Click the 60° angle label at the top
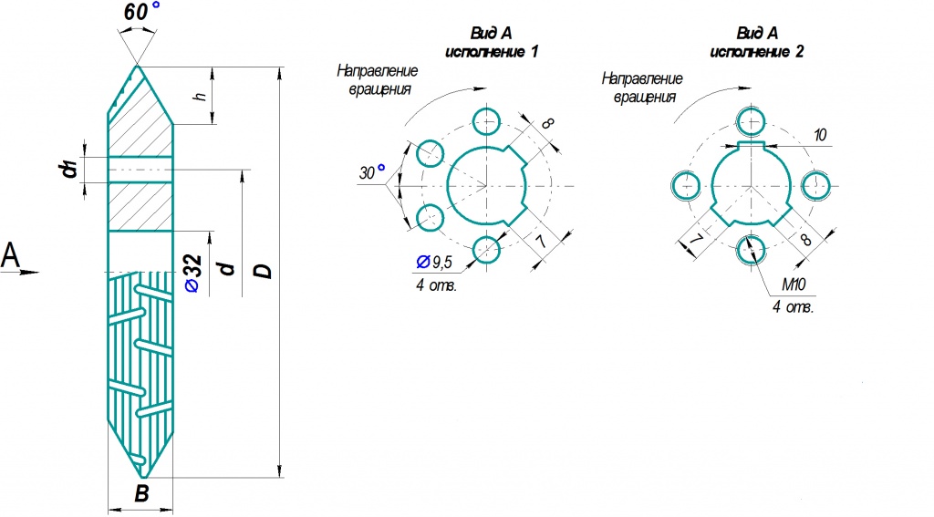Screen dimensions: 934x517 (x=141, y=12)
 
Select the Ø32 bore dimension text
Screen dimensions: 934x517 (x=194, y=274)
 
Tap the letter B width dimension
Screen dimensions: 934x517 (x=141, y=493)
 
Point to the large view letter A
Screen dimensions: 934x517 (x=11, y=256)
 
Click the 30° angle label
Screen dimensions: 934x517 (x=372, y=172)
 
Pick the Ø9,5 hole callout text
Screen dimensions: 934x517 (x=434, y=262)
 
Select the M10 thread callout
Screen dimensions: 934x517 (x=794, y=284)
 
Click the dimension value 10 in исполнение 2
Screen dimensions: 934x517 (x=820, y=135)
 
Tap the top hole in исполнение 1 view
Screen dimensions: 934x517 (x=487, y=121)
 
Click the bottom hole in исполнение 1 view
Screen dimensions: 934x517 (x=487, y=250)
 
